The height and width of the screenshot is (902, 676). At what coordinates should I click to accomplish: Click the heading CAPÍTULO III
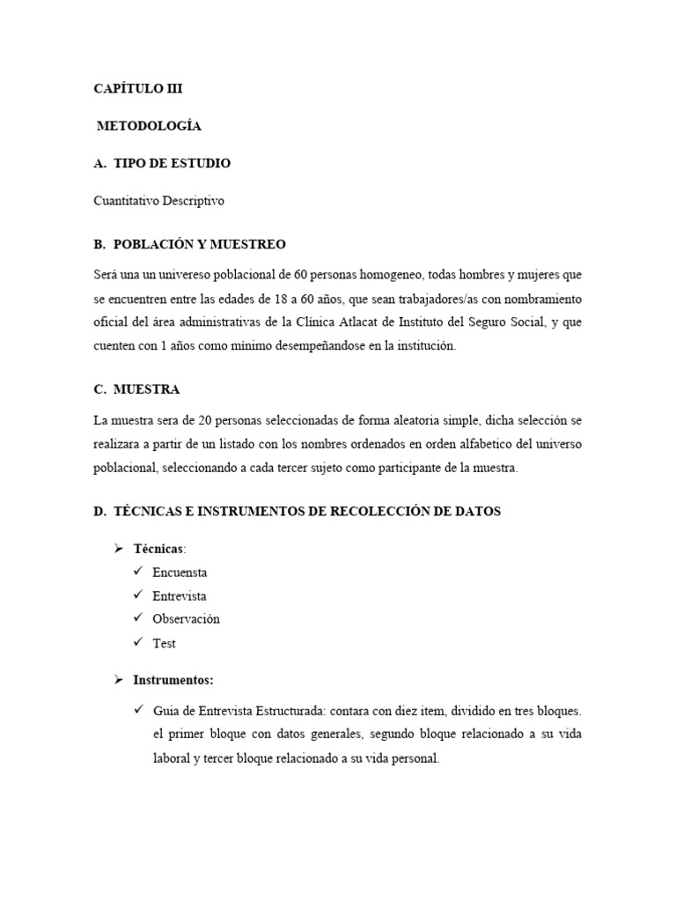[x=138, y=88]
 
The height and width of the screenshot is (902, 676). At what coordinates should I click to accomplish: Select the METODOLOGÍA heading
[x=149, y=126]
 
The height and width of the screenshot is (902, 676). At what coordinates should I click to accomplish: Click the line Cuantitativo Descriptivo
[x=159, y=201]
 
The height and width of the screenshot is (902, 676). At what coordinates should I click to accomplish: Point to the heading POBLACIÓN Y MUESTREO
[x=200, y=244]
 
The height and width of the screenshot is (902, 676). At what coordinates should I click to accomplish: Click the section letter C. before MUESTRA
[x=100, y=389]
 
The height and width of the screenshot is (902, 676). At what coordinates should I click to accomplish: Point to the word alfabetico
[x=483, y=443]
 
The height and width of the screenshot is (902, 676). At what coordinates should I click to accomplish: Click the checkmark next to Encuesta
[x=138, y=572]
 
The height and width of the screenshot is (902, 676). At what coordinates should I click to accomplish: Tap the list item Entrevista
[x=180, y=596]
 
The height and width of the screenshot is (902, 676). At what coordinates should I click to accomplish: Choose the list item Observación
[x=186, y=619]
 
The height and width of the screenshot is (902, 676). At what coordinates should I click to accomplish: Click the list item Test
[x=164, y=643]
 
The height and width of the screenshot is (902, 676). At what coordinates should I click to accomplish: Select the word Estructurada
[x=284, y=710]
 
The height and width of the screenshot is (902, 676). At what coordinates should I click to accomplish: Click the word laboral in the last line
[x=172, y=758]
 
